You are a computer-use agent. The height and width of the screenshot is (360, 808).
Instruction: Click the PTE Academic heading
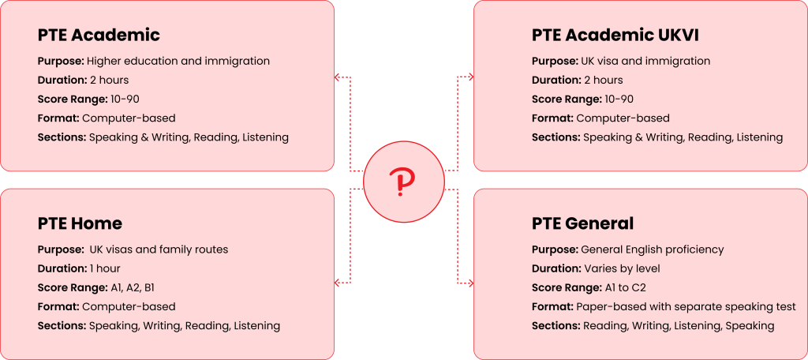(99, 36)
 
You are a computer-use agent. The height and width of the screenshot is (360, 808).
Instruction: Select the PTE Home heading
(80, 224)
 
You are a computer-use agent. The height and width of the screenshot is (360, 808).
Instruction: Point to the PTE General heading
(583, 224)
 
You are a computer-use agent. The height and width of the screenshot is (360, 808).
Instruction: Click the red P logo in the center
(403, 182)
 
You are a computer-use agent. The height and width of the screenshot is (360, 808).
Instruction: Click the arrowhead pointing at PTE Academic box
(338, 77)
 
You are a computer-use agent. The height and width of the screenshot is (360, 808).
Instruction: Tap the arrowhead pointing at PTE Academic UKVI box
(470, 77)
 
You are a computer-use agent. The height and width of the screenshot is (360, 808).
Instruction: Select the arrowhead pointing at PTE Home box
(338, 282)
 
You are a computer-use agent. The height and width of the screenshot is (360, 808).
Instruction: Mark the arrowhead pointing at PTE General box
(470, 282)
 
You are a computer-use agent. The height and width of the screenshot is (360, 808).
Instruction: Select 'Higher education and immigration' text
(178, 61)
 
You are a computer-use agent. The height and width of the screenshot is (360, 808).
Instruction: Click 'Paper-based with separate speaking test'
(686, 306)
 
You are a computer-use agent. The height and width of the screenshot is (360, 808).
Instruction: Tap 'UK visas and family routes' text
(159, 249)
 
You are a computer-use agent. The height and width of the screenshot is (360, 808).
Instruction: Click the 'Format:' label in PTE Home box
(58, 306)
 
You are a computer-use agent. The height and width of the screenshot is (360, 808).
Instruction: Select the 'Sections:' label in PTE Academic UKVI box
(555, 137)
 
